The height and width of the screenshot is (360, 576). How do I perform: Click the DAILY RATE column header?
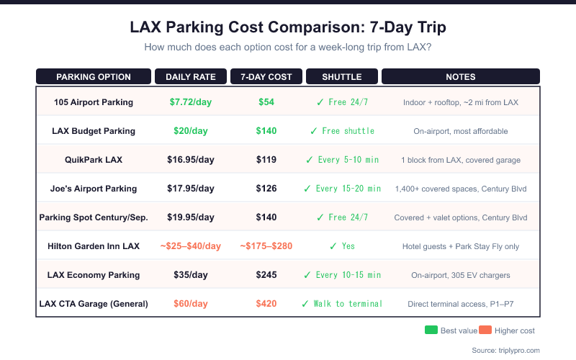[191, 77]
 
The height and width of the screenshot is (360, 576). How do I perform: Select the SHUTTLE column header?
[342, 77]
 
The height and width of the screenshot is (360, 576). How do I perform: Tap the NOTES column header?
[461, 77]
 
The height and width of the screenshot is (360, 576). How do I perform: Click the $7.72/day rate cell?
[191, 102]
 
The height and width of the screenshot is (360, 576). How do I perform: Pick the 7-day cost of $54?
[266, 102]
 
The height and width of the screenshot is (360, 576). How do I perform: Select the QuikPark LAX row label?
[94, 160]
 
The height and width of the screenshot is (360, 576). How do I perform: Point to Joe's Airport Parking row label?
[94, 189]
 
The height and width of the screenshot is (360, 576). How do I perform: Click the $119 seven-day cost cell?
[266, 160]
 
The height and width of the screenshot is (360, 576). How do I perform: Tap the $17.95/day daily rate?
[191, 189]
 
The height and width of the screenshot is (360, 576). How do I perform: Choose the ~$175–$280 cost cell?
[266, 246]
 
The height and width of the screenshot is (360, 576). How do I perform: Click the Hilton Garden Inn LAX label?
[94, 246]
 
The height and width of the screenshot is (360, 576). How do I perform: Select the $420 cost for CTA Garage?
[266, 304]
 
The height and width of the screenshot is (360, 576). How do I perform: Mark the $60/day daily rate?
[191, 304]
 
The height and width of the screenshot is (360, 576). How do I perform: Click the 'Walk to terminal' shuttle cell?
[342, 304]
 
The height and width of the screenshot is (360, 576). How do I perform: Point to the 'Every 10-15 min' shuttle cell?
[342, 275]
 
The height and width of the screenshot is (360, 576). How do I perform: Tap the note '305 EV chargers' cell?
[461, 275]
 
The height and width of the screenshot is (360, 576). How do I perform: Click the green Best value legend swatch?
[431, 330]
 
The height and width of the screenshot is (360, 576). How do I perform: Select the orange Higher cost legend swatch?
[485, 330]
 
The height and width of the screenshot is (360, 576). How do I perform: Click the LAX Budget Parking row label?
[94, 131]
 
